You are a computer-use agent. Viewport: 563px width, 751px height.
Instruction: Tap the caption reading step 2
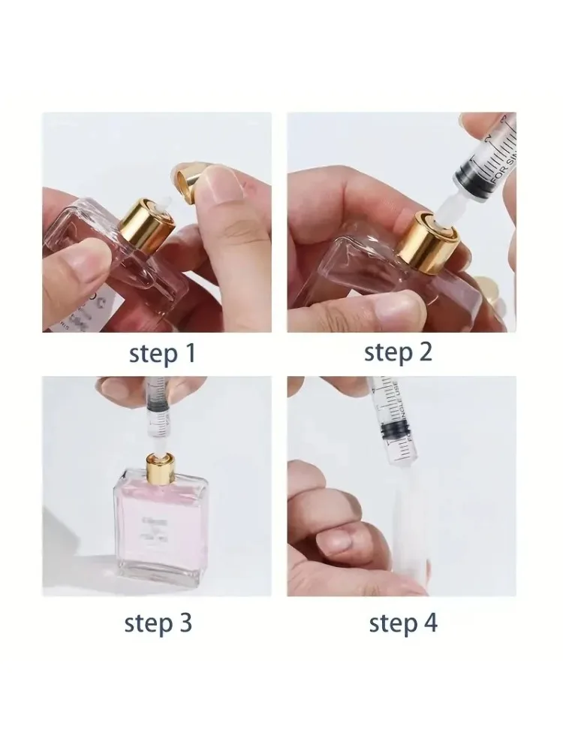pos(398,352)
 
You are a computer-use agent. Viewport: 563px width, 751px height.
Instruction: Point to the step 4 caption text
pos(403,623)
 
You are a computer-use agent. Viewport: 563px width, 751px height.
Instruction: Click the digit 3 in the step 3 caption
pos(185,623)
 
